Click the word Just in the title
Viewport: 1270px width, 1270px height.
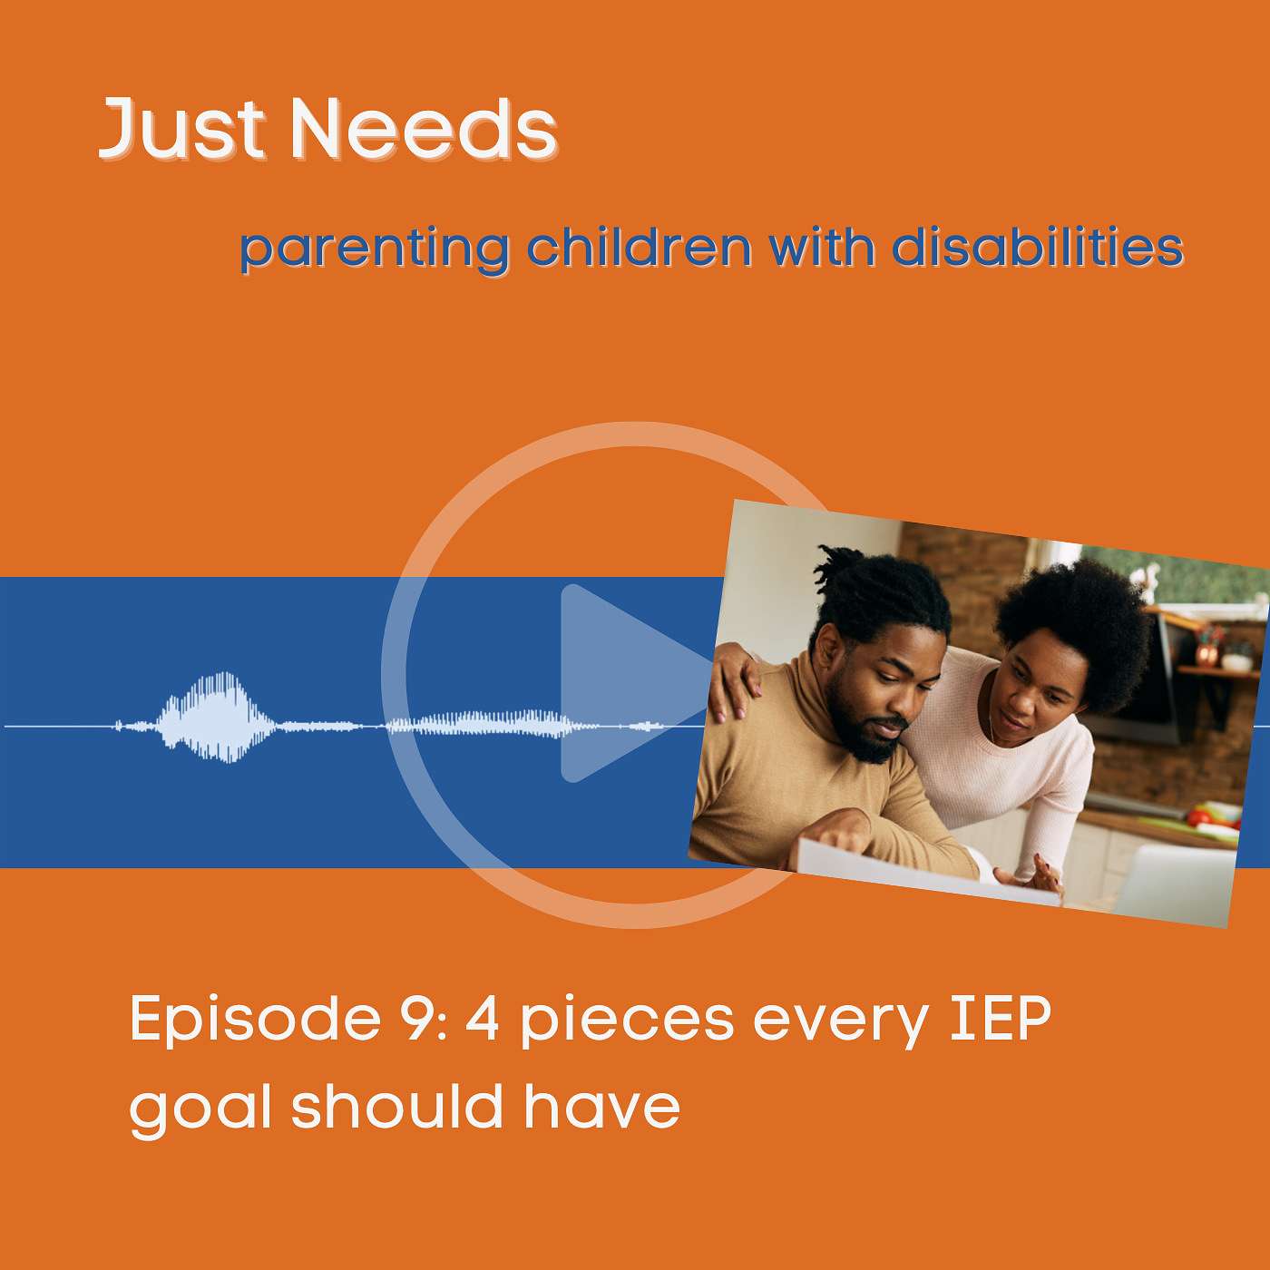coord(182,129)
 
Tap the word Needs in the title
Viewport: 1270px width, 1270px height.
coord(425,129)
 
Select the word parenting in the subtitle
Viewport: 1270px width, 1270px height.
coord(374,250)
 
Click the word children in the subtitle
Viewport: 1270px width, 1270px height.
coord(639,247)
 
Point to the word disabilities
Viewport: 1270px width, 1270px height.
coord(1038,247)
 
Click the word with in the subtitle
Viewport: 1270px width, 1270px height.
coord(822,247)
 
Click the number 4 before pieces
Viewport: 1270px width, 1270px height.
coord(482,1018)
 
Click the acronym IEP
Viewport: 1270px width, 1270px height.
coord(1001,1018)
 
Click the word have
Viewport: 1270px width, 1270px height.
coord(601,1104)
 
